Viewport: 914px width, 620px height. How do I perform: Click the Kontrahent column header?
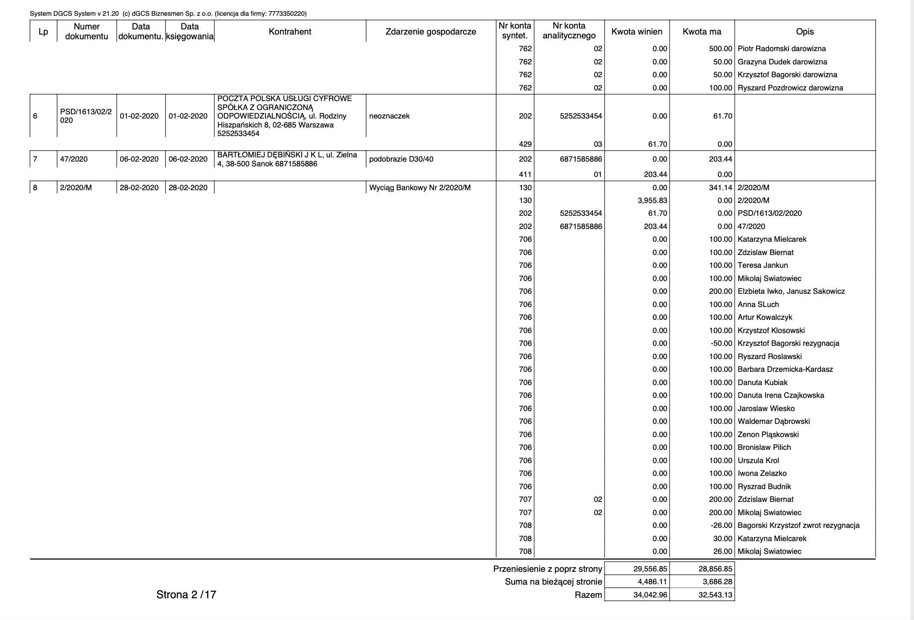pyautogui.click(x=290, y=32)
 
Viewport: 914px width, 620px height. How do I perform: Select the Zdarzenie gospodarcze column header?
pyautogui.click(x=431, y=32)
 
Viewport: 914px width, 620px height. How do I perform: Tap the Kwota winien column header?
pyautogui.click(x=637, y=32)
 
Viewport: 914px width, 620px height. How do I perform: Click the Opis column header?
pyautogui.click(x=805, y=32)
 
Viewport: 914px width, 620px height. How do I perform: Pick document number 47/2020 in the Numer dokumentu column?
pyautogui.click(x=74, y=159)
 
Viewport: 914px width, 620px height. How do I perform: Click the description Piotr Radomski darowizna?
pyautogui.click(x=782, y=49)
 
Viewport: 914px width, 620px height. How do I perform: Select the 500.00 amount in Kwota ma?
pyautogui.click(x=721, y=49)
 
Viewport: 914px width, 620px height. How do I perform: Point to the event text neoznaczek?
pyautogui.click(x=389, y=116)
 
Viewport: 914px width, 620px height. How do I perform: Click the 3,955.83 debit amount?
pyautogui.click(x=652, y=200)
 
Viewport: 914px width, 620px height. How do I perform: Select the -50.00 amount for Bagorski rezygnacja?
pyautogui.click(x=721, y=343)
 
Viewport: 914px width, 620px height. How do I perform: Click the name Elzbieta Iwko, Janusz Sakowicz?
pyautogui.click(x=791, y=291)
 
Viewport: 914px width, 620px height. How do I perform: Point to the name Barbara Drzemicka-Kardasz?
pyautogui.click(x=785, y=369)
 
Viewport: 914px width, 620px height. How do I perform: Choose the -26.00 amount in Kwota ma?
pyautogui.click(x=721, y=525)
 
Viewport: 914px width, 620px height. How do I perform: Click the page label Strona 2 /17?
pyautogui.click(x=186, y=594)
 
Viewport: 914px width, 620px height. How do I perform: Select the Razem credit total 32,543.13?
pyautogui.click(x=715, y=595)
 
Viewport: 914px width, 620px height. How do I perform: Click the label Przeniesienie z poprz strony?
pyautogui.click(x=547, y=569)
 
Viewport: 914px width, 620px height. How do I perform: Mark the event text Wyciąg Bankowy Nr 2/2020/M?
pyautogui.click(x=420, y=188)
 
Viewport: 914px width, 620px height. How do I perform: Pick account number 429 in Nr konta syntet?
pyautogui.click(x=525, y=144)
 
